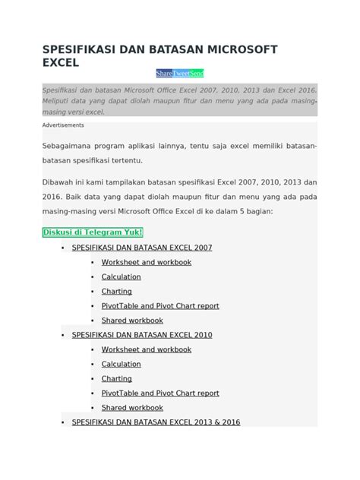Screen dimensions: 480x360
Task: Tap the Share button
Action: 164,74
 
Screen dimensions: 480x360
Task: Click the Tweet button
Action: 182,74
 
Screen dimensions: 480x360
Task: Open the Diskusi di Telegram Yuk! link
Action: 93,232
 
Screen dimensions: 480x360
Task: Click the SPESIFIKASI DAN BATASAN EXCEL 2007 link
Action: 142,248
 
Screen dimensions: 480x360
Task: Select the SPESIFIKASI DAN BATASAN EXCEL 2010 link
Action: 142,334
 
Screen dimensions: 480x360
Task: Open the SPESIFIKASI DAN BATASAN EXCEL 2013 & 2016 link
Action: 156,422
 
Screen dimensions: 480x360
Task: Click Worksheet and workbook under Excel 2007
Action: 147,262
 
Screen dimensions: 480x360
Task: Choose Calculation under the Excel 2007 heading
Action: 122,277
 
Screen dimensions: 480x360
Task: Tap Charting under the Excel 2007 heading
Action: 117,291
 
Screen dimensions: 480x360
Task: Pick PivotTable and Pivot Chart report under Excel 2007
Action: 160,306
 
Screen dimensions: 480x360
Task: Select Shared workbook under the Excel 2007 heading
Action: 132,321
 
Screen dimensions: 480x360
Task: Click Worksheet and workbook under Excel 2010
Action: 147,349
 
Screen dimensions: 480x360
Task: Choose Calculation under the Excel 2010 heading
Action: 122,364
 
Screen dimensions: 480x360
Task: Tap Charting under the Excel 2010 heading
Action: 117,378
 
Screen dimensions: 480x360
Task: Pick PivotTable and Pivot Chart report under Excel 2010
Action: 160,393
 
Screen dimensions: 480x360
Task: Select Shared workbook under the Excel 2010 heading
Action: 132,408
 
